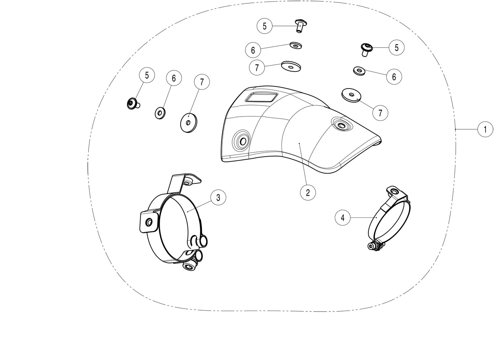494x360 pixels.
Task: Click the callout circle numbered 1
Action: (x=485, y=129)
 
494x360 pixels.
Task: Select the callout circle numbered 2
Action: (x=307, y=191)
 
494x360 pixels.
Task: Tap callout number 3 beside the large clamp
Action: (x=218, y=197)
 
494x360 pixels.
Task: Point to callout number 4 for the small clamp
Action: (x=343, y=217)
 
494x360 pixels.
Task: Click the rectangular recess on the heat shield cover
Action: (x=261, y=97)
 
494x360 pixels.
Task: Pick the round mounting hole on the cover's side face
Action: (x=242, y=141)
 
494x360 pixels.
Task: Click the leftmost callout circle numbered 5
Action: (x=147, y=75)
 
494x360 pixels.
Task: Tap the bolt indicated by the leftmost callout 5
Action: (x=132, y=103)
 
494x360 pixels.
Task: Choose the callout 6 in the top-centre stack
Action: (x=253, y=50)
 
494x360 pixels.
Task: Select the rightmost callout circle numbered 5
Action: (x=396, y=48)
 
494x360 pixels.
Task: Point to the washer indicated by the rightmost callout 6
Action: (x=359, y=71)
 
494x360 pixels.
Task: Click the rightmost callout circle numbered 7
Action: (x=380, y=113)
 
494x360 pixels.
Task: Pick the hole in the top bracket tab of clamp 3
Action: (x=189, y=182)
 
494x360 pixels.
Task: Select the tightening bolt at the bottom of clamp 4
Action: (x=374, y=246)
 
